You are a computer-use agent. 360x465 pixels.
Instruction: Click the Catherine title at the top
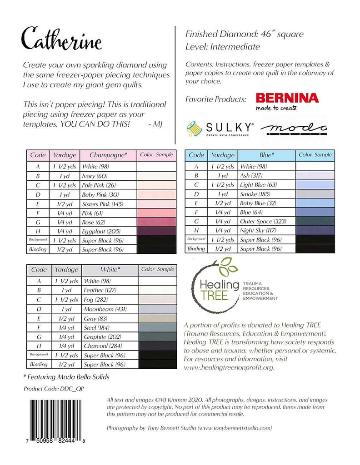(x=63, y=38)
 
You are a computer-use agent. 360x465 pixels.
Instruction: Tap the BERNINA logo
(x=287, y=99)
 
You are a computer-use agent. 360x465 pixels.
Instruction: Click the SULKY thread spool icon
(x=195, y=129)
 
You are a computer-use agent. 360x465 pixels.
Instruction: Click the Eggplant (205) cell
(x=108, y=231)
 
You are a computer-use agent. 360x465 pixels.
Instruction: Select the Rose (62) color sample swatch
(x=156, y=222)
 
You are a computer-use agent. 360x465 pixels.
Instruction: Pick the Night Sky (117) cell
(x=266, y=231)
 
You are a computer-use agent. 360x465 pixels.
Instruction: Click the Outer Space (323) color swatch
(x=315, y=222)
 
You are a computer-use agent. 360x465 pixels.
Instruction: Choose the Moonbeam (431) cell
(x=109, y=309)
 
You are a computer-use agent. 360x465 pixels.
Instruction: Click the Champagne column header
(x=108, y=155)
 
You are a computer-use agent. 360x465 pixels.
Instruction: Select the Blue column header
(x=266, y=155)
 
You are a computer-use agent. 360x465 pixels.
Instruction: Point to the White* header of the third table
(x=109, y=269)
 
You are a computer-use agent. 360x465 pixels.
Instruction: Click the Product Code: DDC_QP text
(x=54, y=389)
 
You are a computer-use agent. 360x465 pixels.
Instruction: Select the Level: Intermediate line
(x=223, y=47)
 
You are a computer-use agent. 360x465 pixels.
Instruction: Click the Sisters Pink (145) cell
(x=108, y=203)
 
